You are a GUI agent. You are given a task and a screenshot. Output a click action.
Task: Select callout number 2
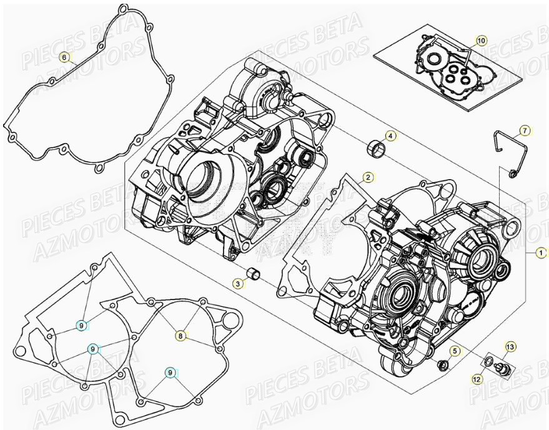(x=368, y=177)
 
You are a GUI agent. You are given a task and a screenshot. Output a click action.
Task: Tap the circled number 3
(x=238, y=284)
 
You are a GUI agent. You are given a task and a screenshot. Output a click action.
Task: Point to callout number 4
(x=390, y=135)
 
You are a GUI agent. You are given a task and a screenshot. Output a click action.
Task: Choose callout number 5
(x=455, y=351)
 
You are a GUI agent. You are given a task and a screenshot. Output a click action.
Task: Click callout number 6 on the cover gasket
(x=64, y=57)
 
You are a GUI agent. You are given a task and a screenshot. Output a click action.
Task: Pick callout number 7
(x=525, y=130)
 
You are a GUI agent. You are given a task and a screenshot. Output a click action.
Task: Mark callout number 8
(x=180, y=336)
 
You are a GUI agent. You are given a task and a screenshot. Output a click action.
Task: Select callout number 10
(x=480, y=41)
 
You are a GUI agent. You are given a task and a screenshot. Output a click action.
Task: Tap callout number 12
(x=477, y=378)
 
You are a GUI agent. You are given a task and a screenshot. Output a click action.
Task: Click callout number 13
(x=510, y=346)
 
